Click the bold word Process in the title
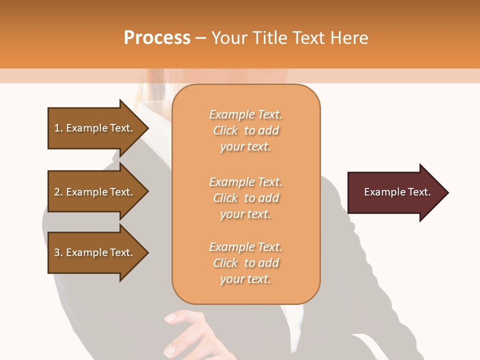pyautogui.click(x=157, y=38)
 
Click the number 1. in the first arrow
pyautogui.click(x=58, y=128)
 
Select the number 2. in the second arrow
pyautogui.click(x=58, y=192)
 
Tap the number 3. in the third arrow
pyautogui.click(x=58, y=252)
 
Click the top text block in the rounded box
pyautogui.click(x=245, y=130)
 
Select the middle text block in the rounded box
pyautogui.click(x=245, y=198)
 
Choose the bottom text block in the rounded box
pyautogui.click(x=245, y=263)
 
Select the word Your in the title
pyautogui.click(x=229, y=38)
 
